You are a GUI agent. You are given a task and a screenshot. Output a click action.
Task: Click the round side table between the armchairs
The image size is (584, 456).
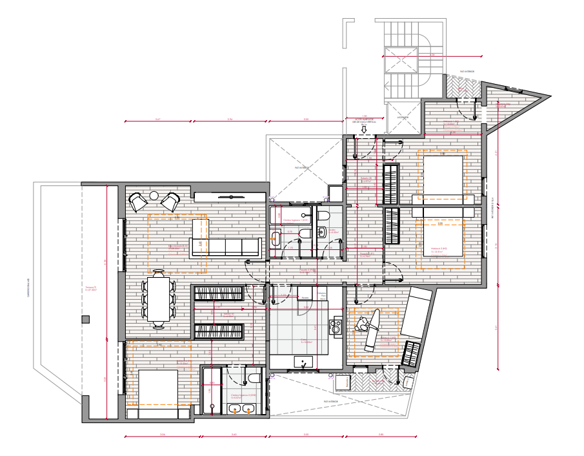(x=154, y=196)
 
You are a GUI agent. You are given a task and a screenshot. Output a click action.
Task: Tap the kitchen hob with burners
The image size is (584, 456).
(x=336, y=326)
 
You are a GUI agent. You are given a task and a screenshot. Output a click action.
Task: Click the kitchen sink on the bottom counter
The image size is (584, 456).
(x=303, y=364)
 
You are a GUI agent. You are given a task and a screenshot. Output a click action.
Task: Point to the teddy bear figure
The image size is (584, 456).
(x=369, y=328)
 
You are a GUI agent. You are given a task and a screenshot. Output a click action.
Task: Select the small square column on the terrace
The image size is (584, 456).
(x=85, y=319)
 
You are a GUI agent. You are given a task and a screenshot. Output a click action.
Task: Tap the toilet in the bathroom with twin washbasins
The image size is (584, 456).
(x=254, y=378)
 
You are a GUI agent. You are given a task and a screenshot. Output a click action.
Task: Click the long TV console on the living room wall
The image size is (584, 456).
(x=230, y=196)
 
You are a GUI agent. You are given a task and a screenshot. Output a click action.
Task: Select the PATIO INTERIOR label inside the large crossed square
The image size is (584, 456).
(x=302, y=168)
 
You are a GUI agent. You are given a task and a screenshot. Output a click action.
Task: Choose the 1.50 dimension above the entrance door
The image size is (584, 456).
(x=364, y=116)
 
